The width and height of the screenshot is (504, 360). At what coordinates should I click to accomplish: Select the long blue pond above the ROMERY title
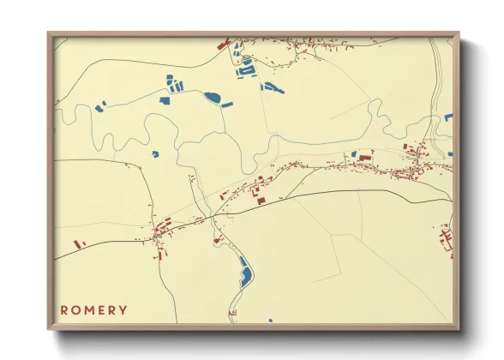click(244, 273)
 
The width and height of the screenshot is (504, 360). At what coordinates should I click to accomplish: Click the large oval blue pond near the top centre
click(213, 97)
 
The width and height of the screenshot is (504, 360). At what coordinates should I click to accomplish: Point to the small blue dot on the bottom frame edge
click(270, 321)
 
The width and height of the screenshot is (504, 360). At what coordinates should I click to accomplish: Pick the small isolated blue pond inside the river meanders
click(155, 154)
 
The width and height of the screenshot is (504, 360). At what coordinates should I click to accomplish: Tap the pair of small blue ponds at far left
click(100, 107)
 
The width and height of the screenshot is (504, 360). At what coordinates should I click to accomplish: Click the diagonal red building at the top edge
click(224, 43)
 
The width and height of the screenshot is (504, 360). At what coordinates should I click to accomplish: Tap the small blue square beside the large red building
click(353, 154)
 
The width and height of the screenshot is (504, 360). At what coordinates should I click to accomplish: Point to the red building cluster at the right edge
click(445, 237)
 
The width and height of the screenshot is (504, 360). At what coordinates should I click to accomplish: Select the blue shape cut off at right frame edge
click(447, 116)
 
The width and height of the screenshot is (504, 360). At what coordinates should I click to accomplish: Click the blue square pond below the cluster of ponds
click(164, 100)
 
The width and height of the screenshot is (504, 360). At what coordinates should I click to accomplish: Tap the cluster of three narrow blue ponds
click(174, 84)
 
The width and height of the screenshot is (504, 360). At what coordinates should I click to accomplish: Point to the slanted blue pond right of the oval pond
click(229, 104)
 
